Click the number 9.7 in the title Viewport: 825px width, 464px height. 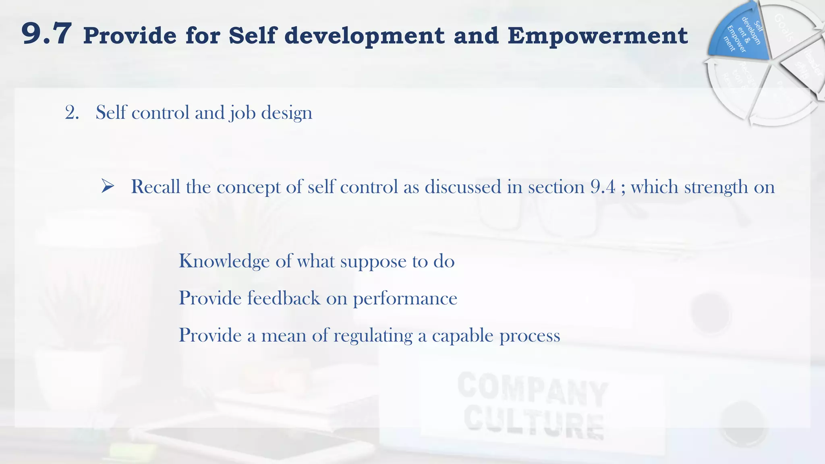pyautogui.click(x=47, y=34)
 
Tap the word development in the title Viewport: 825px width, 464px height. pyautogui.click(x=364, y=35)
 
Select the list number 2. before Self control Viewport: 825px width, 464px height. pyautogui.click(x=72, y=112)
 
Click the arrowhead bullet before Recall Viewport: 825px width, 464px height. pyautogui.click(x=108, y=186)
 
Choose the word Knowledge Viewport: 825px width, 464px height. pyautogui.click(x=224, y=261)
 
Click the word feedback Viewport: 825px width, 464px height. pyautogui.click(x=284, y=298)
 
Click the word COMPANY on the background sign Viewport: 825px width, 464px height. pyautogui.click(x=532, y=389)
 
